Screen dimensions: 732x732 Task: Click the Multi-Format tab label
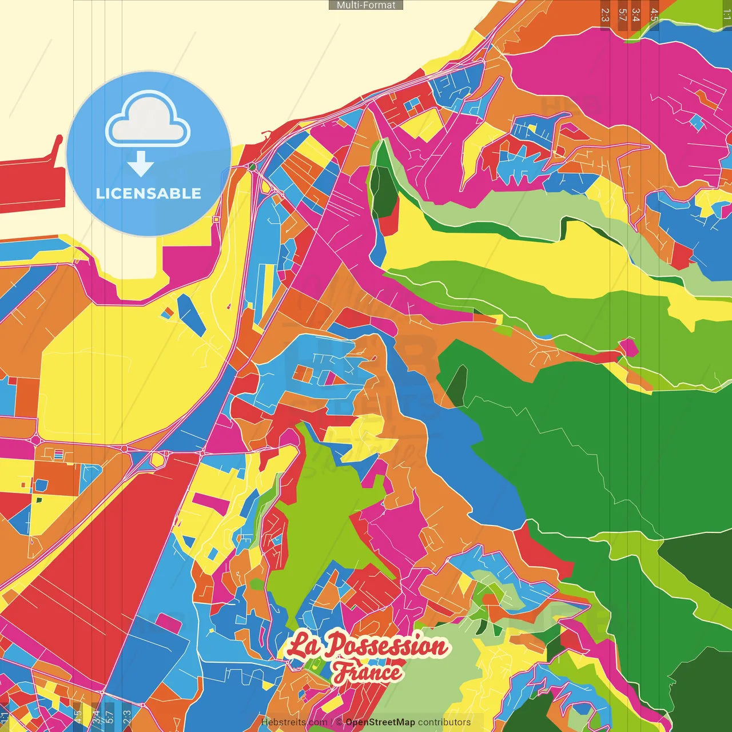[366, 5]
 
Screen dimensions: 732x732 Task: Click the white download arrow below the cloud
[141, 164]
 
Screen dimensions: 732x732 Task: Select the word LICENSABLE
[149, 193]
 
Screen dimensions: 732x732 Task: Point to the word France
[368, 673]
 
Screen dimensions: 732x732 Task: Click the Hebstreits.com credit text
[294, 722]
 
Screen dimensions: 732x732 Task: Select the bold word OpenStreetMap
[380, 722]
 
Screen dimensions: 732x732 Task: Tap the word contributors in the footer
[444, 722]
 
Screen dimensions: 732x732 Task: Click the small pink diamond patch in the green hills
[628, 347]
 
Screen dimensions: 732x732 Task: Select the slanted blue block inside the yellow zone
[191, 314]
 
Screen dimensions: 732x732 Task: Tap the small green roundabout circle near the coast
[252, 166]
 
